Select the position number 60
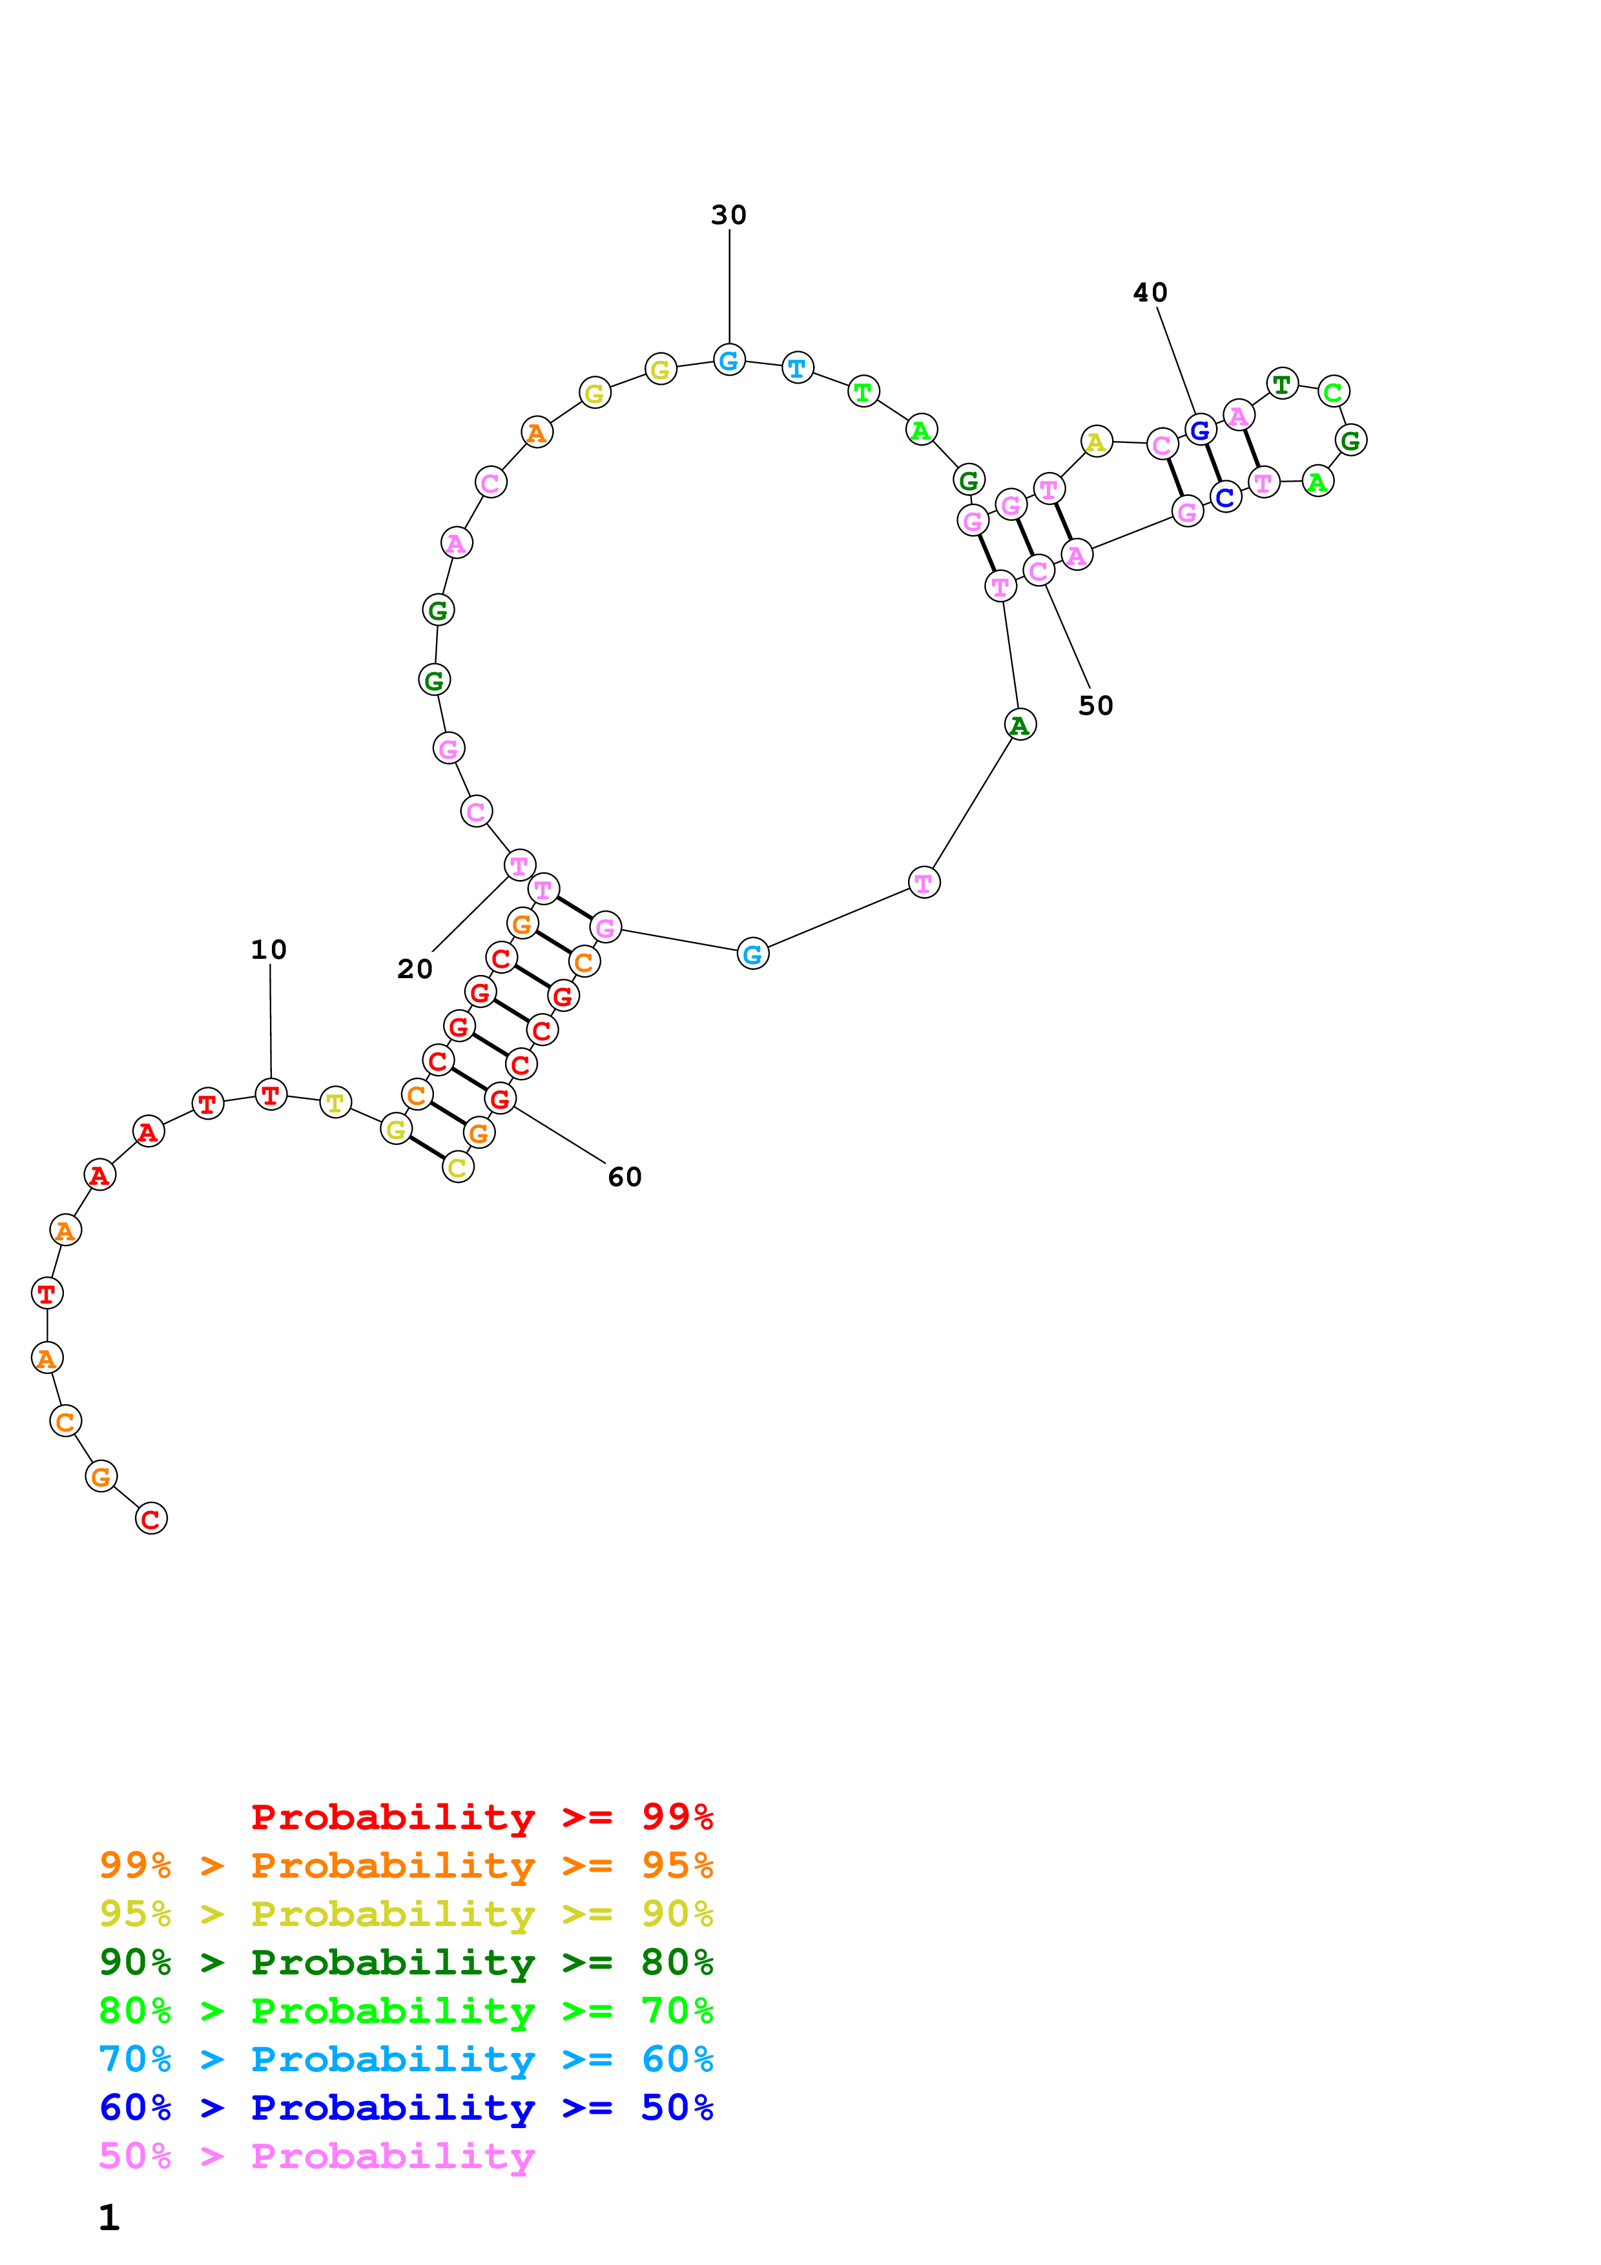[625, 1177]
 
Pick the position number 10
[268, 950]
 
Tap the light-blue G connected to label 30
[729, 361]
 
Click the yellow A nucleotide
[1096, 442]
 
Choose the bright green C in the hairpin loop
[1333, 392]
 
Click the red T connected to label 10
[271, 1095]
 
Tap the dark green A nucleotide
[1020, 725]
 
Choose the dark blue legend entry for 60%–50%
[406, 2107]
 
